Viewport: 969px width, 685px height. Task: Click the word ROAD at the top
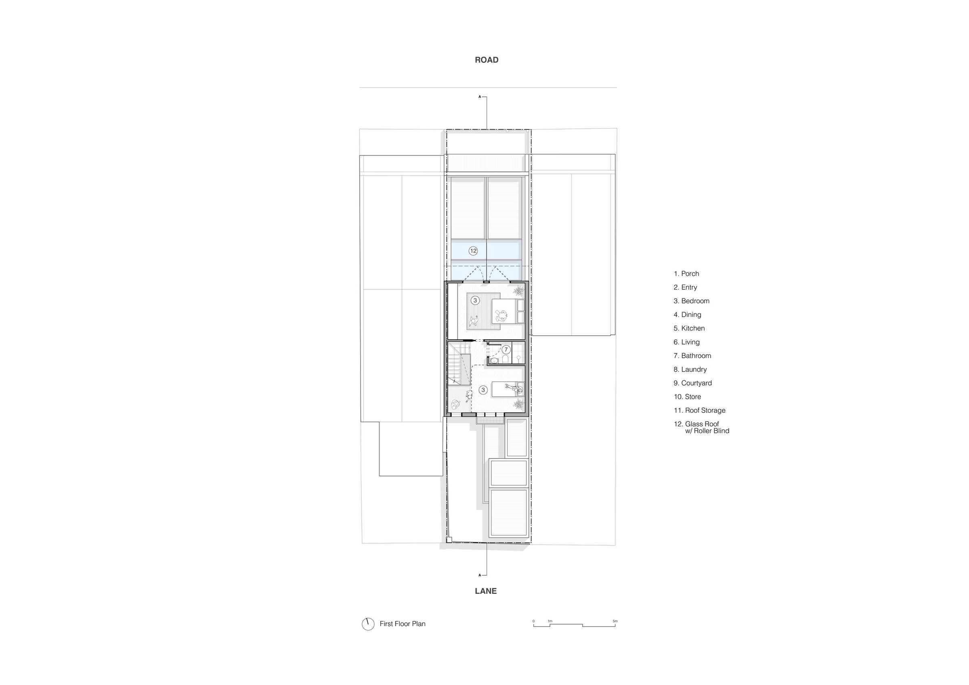(x=487, y=60)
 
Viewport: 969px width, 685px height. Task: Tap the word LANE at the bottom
(x=486, y=591)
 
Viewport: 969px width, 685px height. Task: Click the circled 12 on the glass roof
(x=473, y=251)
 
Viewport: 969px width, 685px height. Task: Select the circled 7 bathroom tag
(x=506, y=350)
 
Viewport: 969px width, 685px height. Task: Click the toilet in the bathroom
(x=505, y=360)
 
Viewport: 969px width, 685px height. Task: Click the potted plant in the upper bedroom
(x=519, y=290)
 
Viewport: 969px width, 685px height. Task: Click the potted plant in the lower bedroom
(x=519, y=405)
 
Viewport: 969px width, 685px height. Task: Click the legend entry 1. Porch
(x=686, y=274)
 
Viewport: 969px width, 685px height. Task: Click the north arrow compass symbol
(x=368, y=624)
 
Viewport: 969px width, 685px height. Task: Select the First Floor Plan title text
(x=402, y=624)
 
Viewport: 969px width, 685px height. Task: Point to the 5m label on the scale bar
(x=615, y=621)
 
